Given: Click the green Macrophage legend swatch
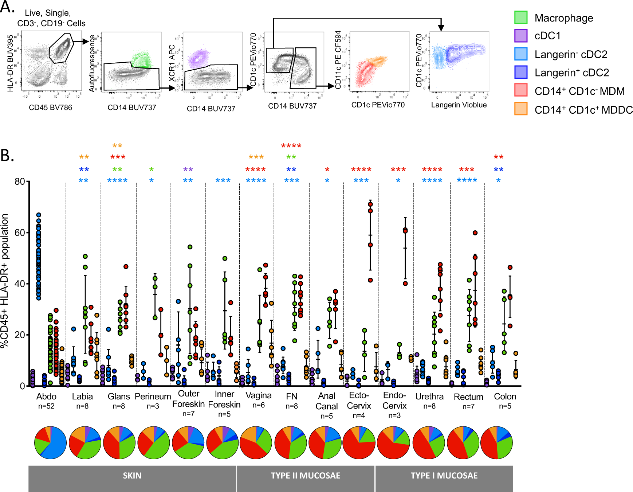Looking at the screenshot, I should (x=521, y=17).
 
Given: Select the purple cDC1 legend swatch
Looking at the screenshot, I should (x=521, y=36).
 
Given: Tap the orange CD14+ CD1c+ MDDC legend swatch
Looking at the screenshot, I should (x=521, y=109).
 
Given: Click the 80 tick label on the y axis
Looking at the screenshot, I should (x=20, y=181).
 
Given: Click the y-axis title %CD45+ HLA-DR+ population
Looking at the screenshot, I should (x=5, y=281).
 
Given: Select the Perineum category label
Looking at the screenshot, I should (x=153, y=397).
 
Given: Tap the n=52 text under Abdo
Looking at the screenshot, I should (x=46, y=406).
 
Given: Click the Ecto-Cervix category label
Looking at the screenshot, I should (x=359, y=401).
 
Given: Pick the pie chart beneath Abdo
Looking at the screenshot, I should (x=50, y=442).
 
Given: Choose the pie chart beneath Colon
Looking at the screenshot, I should (x=496, y=442).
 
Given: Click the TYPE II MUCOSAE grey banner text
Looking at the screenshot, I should (x=305, y=476).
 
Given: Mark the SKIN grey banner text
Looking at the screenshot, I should (x=132, y=476).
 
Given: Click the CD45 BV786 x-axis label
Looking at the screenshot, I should (x=51, y=108).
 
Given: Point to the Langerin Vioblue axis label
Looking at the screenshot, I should (x=459, y=105).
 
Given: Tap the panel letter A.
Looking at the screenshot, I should (x=7, y=7).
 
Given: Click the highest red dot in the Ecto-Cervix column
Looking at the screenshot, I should (x=370, y=204).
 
